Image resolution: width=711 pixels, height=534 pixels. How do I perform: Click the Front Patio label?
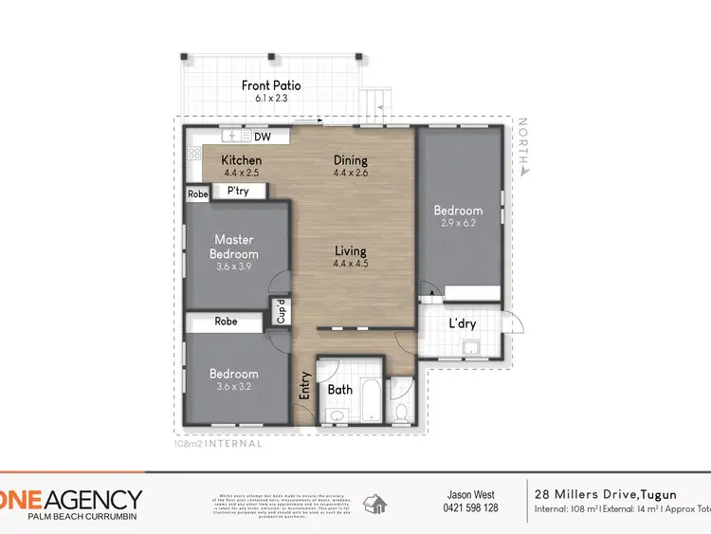(x=271, y=85)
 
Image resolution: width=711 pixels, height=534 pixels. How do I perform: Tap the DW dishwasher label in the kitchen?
(x=263, y=137)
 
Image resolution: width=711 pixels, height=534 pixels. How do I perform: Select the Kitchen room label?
(x=242, y=160)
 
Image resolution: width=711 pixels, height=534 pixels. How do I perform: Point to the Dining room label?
(x=350, y=160)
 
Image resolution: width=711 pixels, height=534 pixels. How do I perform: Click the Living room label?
(x=350, y=251)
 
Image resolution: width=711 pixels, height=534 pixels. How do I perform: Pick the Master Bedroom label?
(x=233, y=247)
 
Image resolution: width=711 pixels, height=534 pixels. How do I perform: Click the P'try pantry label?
(x=238, y=191)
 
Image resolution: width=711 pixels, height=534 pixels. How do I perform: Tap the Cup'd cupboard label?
(x=281, y=311)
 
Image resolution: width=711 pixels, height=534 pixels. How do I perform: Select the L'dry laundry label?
(x=462, y=323)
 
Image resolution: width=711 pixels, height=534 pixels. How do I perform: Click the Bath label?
(x=340, y=389)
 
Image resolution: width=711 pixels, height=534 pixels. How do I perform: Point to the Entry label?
(x=305, y=385)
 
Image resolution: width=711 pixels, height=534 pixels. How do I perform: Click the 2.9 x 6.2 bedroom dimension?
(x=458, y=223)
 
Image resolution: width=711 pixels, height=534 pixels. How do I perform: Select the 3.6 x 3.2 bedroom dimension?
(x=233, y=387)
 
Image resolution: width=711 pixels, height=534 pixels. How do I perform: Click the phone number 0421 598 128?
(x=471, y=507)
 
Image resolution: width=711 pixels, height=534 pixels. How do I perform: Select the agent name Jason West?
(x=471, y=494)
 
